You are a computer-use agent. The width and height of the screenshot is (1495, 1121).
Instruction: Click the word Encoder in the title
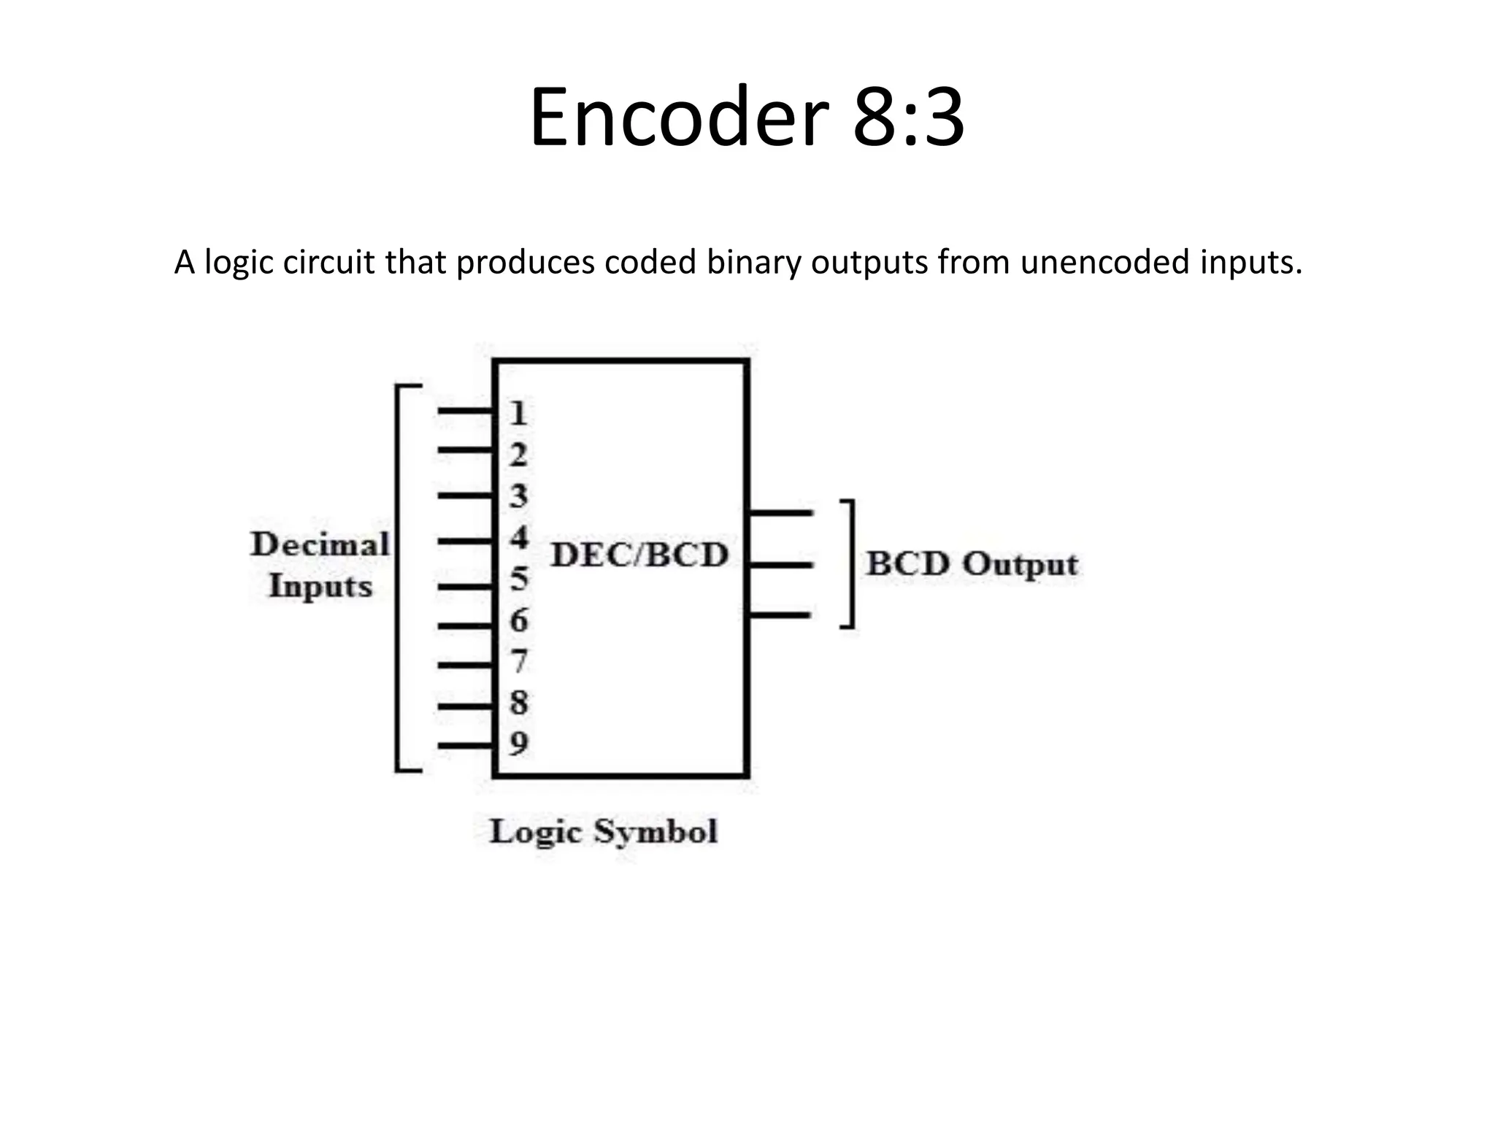(x=679, y=117)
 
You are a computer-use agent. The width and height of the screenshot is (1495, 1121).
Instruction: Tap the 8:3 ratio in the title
(x=908, y=117)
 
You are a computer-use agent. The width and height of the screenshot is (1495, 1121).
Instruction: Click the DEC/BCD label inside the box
(x=639, y=555)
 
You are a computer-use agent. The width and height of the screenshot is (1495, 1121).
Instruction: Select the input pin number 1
(x=518, y=414)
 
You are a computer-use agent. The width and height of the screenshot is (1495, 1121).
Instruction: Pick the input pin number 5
(x=518, y=579)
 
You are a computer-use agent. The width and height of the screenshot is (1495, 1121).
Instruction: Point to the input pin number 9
(x=518, y=744)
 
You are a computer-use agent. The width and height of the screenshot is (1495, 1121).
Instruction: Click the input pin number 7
(x=518, y=661)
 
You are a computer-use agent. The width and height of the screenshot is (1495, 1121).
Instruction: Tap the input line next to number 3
(x=466, y=496)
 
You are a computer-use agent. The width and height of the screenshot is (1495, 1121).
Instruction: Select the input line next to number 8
(x=466, y=706)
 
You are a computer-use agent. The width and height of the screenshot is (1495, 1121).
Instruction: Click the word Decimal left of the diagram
(x=320, y=544)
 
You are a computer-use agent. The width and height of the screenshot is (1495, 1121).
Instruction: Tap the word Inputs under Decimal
(x=320, y=586)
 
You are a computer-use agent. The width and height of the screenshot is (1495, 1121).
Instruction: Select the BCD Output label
(x=972, y=564)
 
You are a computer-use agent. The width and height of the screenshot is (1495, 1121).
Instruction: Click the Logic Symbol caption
(x=603, y=831)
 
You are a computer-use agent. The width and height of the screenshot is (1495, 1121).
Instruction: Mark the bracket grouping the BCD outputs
(x=850, y=563)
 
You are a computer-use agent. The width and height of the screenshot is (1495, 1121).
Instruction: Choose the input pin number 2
(x=518, y=455)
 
